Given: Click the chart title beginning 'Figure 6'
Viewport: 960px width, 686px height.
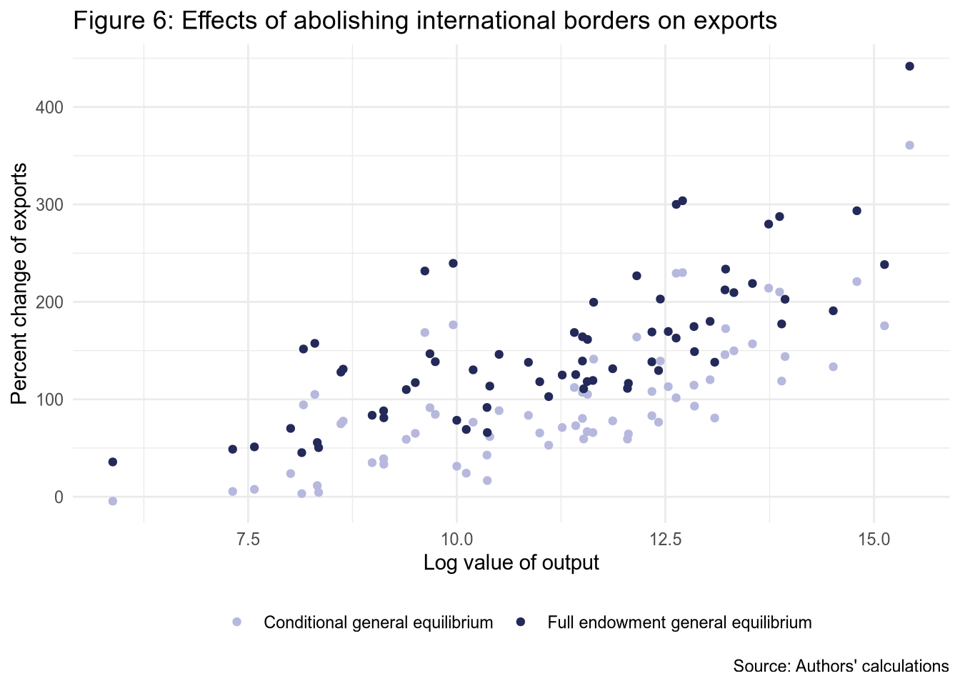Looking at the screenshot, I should click(x=425, y=21).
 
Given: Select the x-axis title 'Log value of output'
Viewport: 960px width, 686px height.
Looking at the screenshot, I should click(x=511, y=563).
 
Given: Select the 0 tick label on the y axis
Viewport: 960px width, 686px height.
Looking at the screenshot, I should click(x=59, y=497).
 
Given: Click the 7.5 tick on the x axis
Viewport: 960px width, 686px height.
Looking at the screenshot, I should click(x=248, y=537).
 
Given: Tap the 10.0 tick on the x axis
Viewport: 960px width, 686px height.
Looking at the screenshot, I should click(x=456, y=537).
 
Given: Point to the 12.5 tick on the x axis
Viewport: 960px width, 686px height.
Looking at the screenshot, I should click(x=665, y=537).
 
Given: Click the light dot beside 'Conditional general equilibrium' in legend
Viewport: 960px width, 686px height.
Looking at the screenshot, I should click(x=237, y=622).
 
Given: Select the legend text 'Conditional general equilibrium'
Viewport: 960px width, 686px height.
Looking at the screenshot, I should click(x=379, y=622).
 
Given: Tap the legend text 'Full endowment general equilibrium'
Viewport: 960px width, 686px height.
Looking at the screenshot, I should click(x=679, y=622).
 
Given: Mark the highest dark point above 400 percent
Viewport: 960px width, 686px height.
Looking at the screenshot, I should click(x=909, y=66).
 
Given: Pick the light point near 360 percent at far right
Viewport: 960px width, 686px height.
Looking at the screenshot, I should click(x=909, y=145).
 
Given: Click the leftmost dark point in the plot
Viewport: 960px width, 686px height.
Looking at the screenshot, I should click(x=113, y=462).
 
